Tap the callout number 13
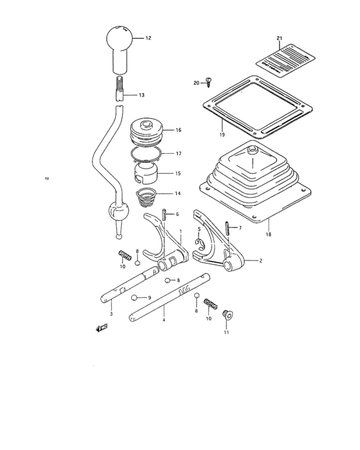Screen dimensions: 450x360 pos(141,95)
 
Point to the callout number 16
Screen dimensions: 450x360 pos(178,130)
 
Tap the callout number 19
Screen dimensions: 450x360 pos(221,135)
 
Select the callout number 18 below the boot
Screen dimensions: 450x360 pos(268,235)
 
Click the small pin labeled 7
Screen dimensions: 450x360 pos(228,228)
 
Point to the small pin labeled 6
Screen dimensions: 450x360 pos(164,214)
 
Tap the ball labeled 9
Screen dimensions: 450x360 pos(135,298)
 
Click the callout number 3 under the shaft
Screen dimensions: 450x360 pos(111,313)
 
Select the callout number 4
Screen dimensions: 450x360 pos(163,319)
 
